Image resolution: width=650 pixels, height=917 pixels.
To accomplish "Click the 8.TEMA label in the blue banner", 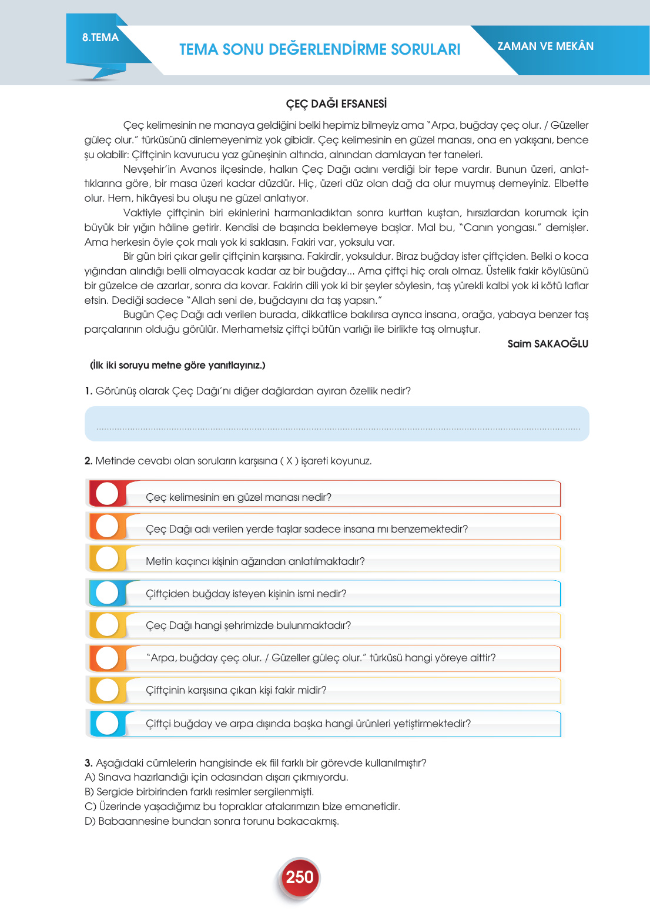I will (x=100, y=38).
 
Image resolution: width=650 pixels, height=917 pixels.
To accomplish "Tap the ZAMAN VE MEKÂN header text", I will (x=545, y=46).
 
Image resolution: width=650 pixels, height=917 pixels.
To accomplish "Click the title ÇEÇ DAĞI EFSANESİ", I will (x=336, y=104).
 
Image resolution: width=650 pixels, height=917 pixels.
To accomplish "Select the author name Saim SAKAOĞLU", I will (x=548, y=344).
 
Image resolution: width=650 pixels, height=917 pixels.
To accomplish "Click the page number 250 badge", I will (x=299, y=877).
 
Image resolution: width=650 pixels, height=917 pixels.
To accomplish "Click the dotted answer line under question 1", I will (x=337, y=429).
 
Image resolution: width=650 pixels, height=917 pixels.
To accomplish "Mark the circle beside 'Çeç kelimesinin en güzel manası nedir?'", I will (x=107, y=494).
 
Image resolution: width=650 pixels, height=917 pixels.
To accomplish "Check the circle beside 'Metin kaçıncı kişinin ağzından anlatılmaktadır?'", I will (x=107, y=558).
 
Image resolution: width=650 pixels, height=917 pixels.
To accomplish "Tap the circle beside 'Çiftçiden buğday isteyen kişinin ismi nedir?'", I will (x=107, y=593).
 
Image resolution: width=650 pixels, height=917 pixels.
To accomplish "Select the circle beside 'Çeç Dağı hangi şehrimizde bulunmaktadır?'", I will (x=107, y=625).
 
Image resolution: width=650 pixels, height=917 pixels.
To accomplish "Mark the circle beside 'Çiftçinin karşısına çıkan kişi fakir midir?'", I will (x=107, y=690).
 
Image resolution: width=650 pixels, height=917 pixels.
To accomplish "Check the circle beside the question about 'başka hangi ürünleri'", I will (x=107, y=724).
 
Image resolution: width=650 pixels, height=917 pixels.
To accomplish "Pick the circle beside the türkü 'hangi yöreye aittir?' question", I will (x=107, y=658).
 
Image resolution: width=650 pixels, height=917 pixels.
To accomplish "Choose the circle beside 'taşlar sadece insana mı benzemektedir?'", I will (x=107, y=526).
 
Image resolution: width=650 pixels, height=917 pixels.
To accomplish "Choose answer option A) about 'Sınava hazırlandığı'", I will (x=216, y=777).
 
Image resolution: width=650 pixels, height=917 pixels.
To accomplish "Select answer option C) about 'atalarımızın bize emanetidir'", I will (x=242, y=806).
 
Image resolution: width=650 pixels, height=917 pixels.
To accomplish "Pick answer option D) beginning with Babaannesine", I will (x=212, y=821).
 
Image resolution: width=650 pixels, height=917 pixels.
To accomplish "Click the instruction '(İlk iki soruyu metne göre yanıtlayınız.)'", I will (x=177, y=365).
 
